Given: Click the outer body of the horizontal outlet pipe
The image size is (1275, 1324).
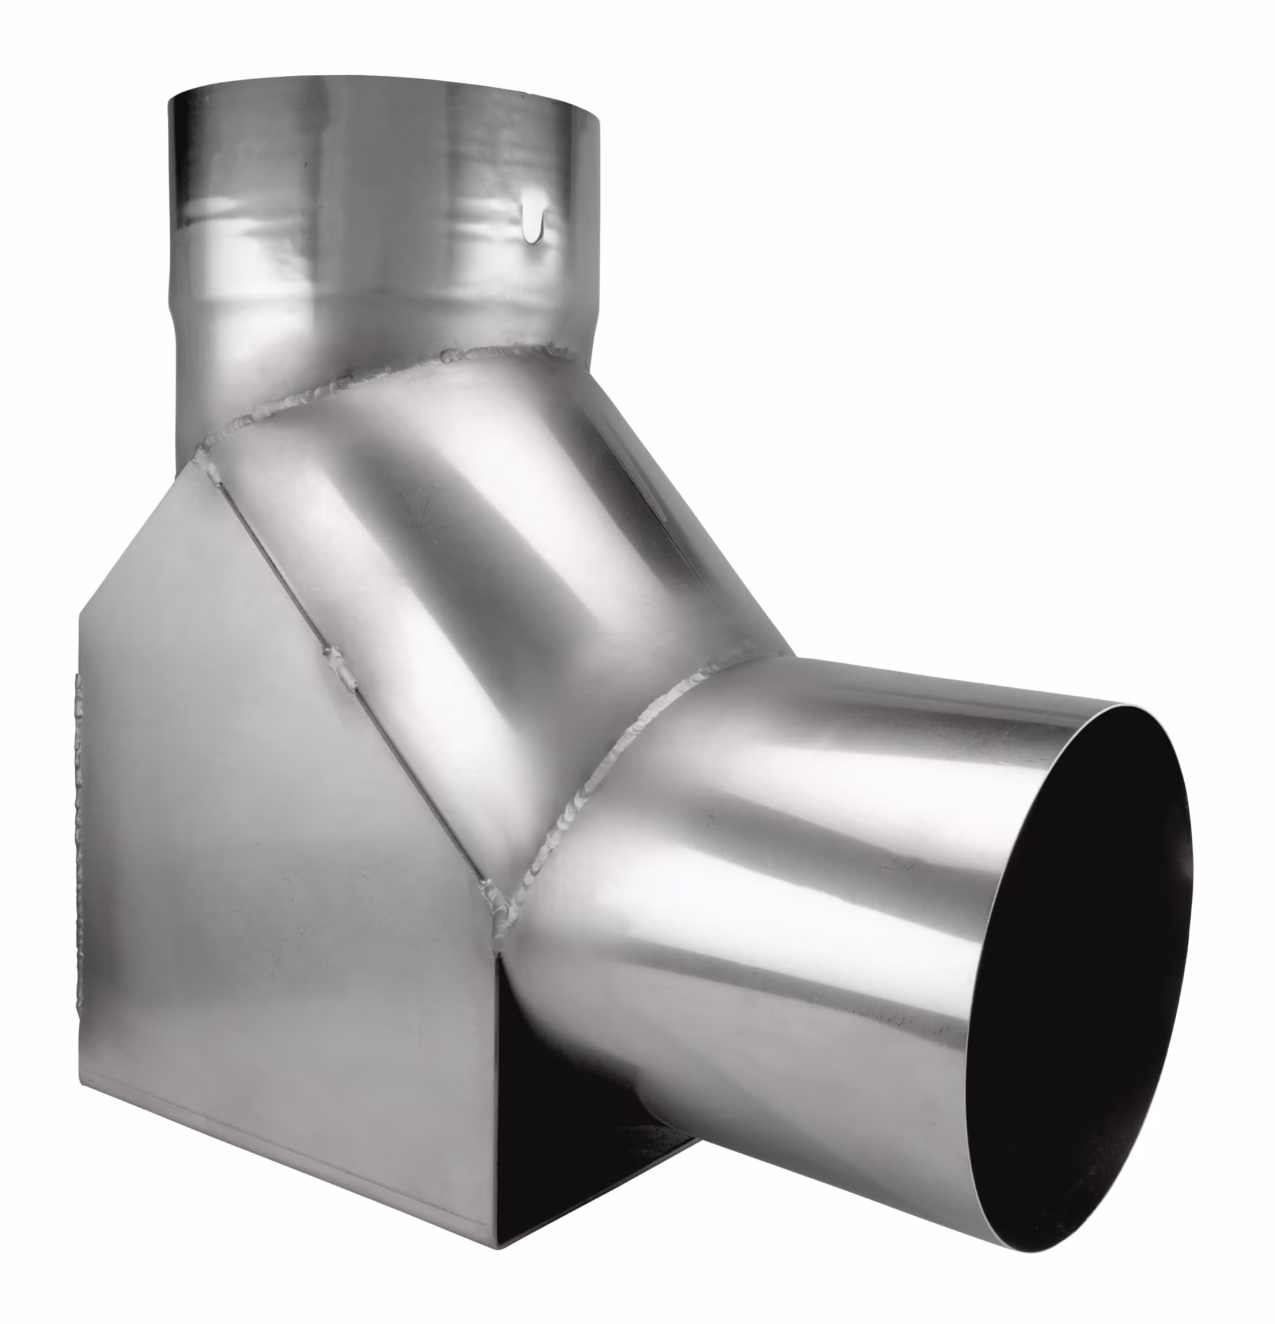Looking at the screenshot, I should (777, 912).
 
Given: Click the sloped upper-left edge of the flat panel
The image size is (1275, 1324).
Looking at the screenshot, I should (135, 534).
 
